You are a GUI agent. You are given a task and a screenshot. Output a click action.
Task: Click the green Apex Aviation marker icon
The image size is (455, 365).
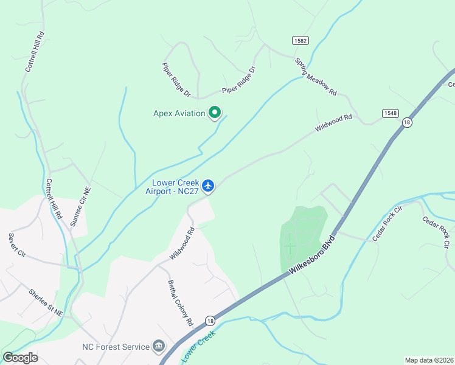coord(214,113)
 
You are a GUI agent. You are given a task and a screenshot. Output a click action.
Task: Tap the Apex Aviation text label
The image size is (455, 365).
coord(179,113)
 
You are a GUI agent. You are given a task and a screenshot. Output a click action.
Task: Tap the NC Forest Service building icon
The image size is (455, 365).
coord(159,347)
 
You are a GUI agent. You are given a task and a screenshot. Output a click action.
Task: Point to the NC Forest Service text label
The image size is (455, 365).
coord(116,347)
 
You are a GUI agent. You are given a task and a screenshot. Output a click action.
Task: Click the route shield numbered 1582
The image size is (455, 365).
coord(300,40)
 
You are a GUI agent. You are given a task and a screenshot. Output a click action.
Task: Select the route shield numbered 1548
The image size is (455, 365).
coord(391,113)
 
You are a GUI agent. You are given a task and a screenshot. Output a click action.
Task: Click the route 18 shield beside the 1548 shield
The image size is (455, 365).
coord(407,122)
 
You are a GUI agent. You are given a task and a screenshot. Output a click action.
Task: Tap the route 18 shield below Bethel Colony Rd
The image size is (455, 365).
coord(210,321)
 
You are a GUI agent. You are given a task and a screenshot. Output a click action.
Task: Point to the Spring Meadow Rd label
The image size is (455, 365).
coord(316,77)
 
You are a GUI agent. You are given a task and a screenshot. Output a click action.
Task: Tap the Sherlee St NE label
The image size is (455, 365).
coord(46,302)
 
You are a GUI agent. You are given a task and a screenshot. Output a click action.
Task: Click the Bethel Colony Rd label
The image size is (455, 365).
coord(180,303)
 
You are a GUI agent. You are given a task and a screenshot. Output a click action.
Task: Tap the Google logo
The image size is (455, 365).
coord(20,358)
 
